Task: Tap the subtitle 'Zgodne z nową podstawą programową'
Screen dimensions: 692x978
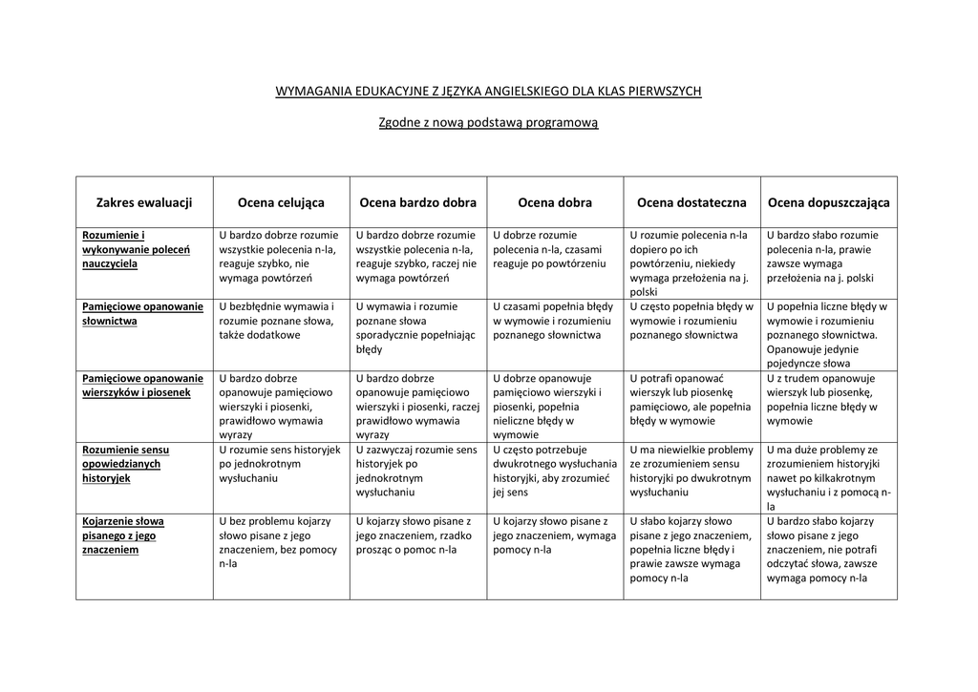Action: tap(488, 123)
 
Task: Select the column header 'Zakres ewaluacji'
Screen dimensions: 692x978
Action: tap(144, 202)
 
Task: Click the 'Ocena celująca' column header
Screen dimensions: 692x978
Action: tap(281, 202)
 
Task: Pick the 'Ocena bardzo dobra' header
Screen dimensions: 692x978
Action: tap(417, 202)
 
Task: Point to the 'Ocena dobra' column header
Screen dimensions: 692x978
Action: tap(555, 202)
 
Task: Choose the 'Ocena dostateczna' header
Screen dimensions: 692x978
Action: tap(691, 202)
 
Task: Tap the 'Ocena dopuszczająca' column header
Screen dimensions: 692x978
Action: tap(828, 202)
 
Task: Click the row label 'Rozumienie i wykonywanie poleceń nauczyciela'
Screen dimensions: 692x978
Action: tap(136, 249)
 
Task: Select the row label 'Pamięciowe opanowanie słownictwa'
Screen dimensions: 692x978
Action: tap(142, 314)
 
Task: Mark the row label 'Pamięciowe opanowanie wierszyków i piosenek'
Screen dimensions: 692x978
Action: tap(142, 386)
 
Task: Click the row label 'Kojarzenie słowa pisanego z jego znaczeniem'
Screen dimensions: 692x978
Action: tap(123, 535)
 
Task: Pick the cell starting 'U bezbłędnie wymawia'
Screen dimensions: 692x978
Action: tap(277, 321)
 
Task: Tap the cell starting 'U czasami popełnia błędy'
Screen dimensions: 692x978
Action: tap(553, 321)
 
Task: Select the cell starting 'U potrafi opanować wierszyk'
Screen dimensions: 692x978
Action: tap(690, 399)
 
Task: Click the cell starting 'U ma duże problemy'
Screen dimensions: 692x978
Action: tap(828, 477)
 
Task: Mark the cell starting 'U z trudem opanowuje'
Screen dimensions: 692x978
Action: tap(827, 399)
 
